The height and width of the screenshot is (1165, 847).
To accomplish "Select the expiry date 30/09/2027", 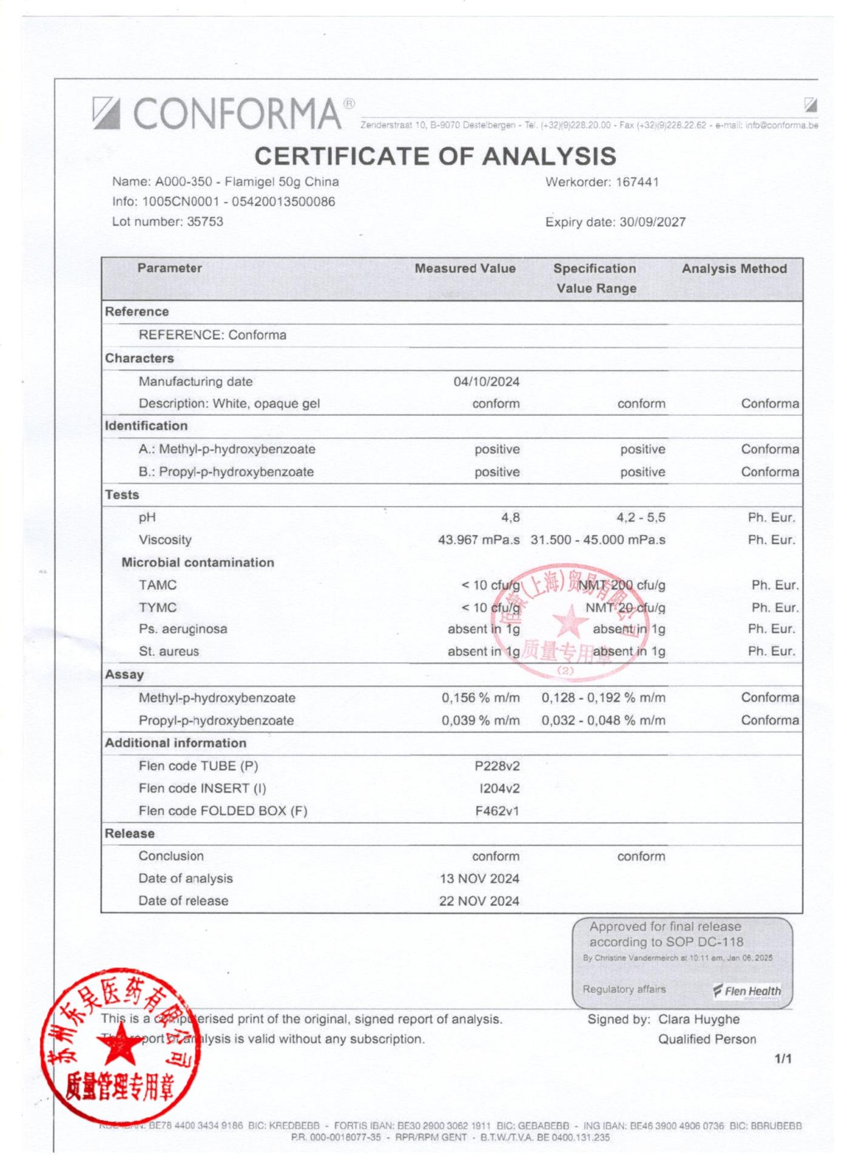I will (652, 222).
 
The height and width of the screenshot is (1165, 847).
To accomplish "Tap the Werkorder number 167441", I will (637, 182).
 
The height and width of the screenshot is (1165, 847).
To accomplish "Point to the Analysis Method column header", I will (734, 269).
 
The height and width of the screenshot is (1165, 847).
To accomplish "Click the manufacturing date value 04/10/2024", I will (487, 382).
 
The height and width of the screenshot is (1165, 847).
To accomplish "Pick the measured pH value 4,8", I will (510, 518).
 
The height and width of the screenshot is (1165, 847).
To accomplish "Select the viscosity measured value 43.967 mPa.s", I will (479, 540).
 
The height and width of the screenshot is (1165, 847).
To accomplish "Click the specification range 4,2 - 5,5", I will (641, 518).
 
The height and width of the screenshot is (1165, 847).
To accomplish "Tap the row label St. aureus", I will (169, 652).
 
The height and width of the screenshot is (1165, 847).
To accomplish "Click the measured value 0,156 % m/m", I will (481, 698).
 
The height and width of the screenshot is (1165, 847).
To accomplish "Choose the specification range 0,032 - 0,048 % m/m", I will (603, 720).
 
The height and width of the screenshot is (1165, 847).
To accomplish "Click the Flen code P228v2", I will (497, 766).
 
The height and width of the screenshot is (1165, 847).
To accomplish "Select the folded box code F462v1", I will (497, 811).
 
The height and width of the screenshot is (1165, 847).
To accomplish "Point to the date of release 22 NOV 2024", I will (479, 901).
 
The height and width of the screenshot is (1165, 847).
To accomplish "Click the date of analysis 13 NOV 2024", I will (479, 879).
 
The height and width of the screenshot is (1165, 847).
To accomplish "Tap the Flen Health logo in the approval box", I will (747, 991).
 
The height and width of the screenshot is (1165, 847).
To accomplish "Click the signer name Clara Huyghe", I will (699, 1019).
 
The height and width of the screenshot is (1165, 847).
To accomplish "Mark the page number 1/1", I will (783, 1059).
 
